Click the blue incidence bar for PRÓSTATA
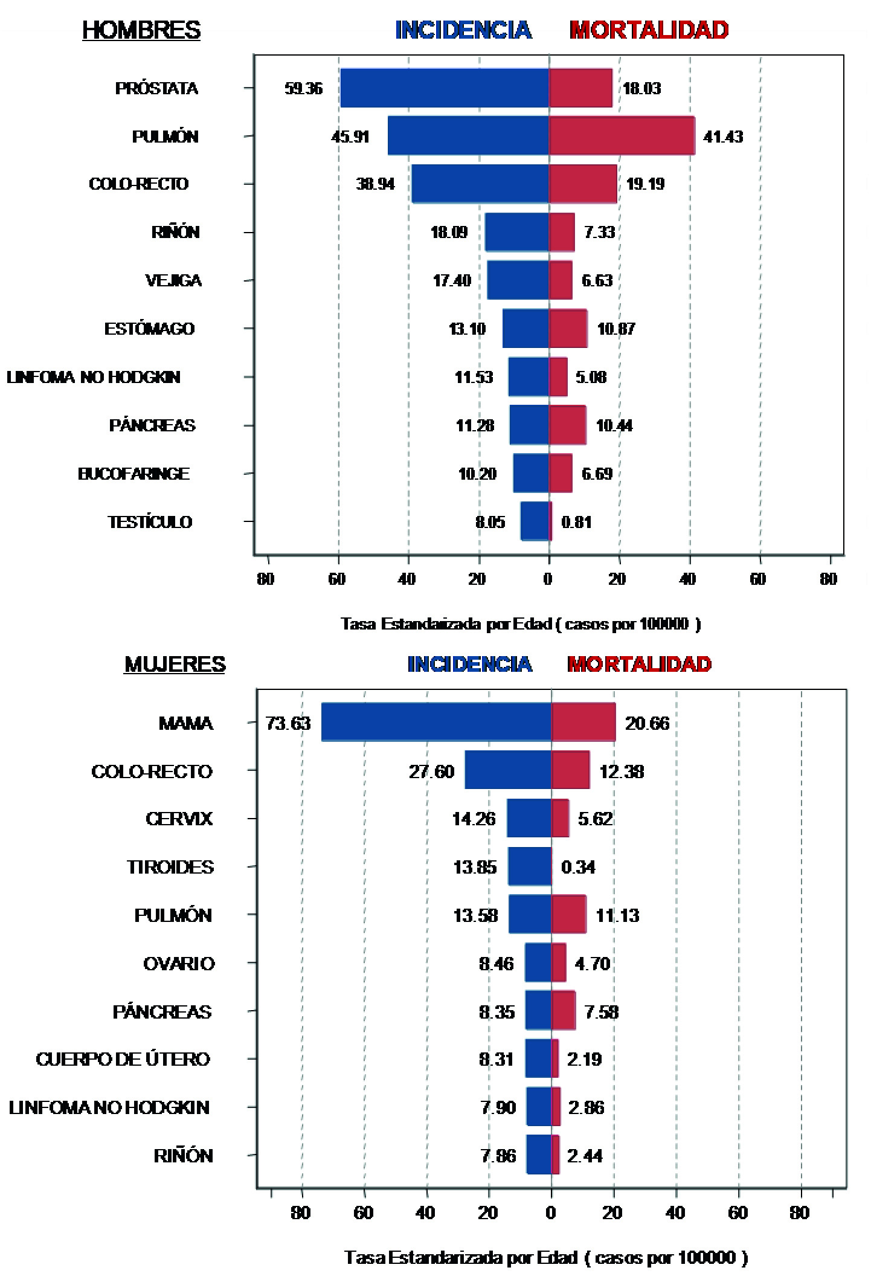(x=445, y=88)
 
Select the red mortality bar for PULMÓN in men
(x=622, y=136)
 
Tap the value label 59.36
(x=304, y=89)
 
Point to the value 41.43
(x=723, y=137)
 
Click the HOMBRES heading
(x=141, y=30)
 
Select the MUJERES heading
(x=175, y=664)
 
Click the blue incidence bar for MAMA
(x=436, y=722)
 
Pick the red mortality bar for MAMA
(x=583, y=722)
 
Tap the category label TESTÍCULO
(x=150, y=522)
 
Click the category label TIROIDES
(x=170, y=867)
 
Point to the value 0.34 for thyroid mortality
(x=578, y=867)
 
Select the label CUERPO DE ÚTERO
(x=123, y=1059)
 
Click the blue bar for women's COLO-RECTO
(x=508, y=770)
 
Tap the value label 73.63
(x=288, y=723)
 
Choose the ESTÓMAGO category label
(x=149, y=329)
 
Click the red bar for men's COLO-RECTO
(x=583, y=184)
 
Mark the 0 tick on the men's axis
(x=548, y=579)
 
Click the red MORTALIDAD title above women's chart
(x=639, y=664)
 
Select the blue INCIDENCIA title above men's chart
(x=463, y=30)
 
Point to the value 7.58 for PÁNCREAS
(x=602, y=1011)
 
